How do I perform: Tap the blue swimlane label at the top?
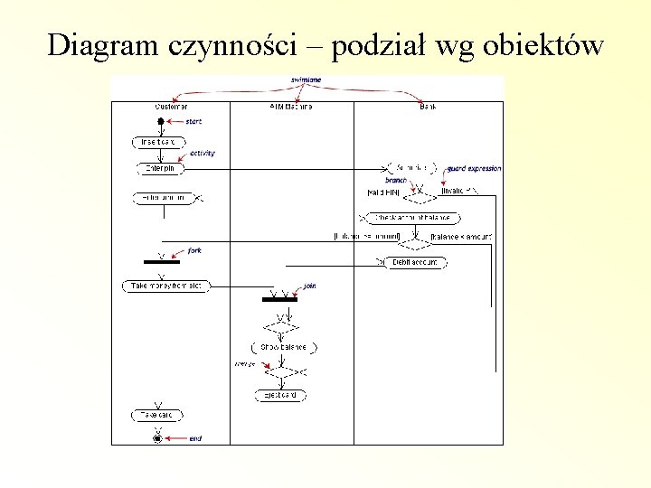point(305,80)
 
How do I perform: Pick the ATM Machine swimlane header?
point(290,107)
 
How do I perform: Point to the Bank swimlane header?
point(428,107)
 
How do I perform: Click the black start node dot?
point(160,121)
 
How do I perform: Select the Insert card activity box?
point(159,142)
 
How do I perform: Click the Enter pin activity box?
point(161,168)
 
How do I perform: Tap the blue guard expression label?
point(475,168)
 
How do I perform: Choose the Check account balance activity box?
point(409,218)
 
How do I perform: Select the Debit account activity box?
point(415,263)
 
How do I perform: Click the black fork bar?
point(162,261)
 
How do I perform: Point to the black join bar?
point(279,299)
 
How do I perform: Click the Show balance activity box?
point(283,347)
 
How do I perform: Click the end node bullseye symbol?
point(158,438)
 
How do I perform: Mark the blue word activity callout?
point(203,154)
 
